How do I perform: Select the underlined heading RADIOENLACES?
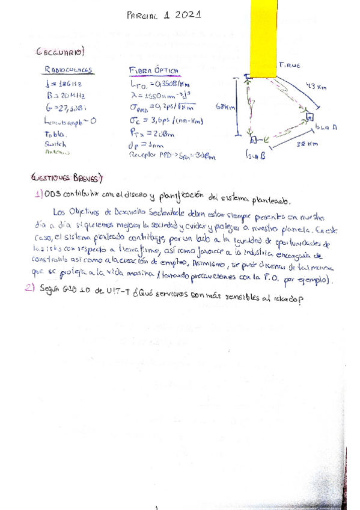pos(65,70)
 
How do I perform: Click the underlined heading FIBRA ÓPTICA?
pos(154,70)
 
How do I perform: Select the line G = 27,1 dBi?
pos(67,108)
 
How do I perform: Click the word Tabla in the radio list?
pos(55,135)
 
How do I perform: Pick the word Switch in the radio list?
pos(54,144)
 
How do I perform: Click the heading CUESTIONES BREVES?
pos(67,179)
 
